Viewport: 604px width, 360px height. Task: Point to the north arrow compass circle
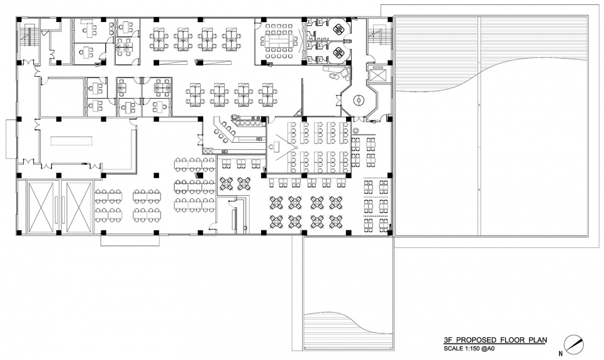coord(574,344)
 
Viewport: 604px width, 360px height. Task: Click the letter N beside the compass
coord(561,352)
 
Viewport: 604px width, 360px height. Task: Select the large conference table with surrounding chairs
coord(278,40)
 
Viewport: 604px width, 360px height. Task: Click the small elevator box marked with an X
coord(377,74)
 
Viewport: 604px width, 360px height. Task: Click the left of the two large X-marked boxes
coord(41,206)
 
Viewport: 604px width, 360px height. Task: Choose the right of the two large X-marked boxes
coord(78,206)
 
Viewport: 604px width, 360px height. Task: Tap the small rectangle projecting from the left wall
coord(11,138)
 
